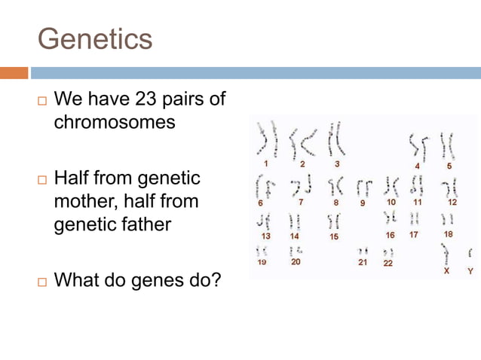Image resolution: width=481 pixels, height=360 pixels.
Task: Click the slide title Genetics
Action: [x=94, y=38]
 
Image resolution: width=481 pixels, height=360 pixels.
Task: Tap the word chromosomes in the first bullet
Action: [x=115, y=121]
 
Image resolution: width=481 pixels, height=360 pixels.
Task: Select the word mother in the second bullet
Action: [x=85, y=201]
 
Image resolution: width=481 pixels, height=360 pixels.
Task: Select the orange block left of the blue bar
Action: [x=14, y=73]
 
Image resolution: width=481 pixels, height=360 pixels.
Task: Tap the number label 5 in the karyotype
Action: [x=449, y=165]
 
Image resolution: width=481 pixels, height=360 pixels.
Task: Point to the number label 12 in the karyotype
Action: [x=452, y=202]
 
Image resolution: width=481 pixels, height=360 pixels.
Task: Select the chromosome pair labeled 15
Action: [x=333, y=221]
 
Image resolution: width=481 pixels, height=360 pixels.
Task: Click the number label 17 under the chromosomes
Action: [x=414, y=235]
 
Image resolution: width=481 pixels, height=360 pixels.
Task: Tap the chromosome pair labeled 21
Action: [x=363, y=252]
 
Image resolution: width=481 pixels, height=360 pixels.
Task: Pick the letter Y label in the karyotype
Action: [x=470, y=270]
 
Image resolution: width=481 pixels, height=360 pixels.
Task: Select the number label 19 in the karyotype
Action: [x=262, y=263]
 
